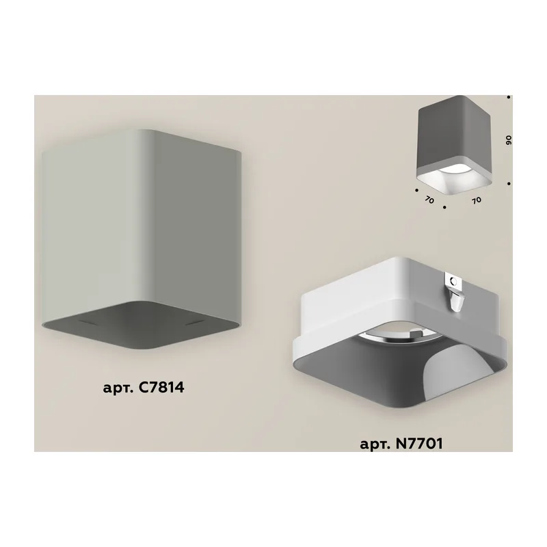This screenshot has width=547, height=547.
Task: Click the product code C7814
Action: [x=161, y=387]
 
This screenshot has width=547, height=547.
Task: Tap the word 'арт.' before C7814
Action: [x=118, y=388]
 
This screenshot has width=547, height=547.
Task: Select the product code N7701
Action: [x=419, y=443]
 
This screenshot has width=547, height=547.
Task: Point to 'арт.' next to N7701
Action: [x=375, y=445]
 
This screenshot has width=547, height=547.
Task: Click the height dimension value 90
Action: [x=509, y=141]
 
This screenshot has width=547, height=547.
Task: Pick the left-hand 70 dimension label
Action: [x=429, y=200]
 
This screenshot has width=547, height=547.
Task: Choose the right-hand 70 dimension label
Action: [x=476, y=200]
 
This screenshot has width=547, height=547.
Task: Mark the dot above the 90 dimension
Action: [x=509, y=97]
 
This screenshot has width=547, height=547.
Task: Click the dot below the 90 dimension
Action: [x=509, y=183]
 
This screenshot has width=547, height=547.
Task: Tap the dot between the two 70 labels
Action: [x=444, y=207]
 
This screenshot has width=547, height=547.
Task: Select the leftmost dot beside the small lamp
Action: [x=416, y=191]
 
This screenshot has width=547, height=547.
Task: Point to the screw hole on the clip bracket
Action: [x=453, y=280]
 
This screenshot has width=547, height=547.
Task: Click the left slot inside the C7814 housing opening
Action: [x=88, y=323]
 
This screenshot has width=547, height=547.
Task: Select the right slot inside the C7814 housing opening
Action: [x=194, y=323]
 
